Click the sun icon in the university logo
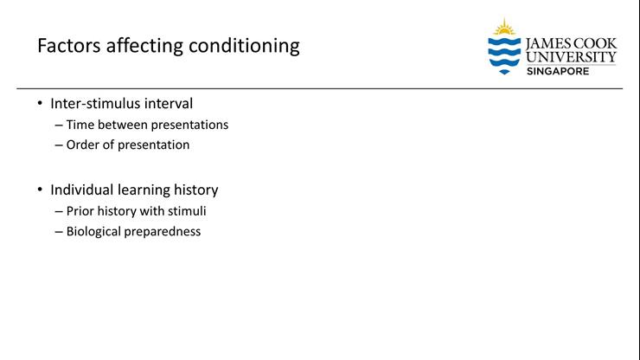tap(503, 27)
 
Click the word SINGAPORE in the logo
tap(558, 71)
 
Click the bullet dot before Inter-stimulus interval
tap(39, 104)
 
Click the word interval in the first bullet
tap(168, 104)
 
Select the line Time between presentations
tap(147, 125)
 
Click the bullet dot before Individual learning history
tap(39, 190)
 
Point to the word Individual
tap(82, 190)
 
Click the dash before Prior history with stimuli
tap(58, 210)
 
